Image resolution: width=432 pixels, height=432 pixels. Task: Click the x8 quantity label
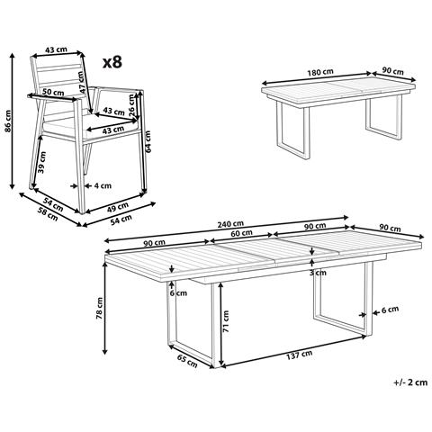tap(112, 62)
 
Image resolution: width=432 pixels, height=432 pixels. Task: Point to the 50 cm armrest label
tap(53, 92)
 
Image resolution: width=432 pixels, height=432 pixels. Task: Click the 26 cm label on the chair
tap(131, 105)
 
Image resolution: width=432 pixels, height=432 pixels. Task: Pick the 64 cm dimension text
tap(148, 141)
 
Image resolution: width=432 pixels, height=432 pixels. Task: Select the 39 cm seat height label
tap(42, 162)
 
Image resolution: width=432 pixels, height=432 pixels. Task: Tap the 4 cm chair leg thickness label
tap(103, 186)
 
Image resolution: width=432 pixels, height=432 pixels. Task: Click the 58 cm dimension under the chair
tap(48, 214)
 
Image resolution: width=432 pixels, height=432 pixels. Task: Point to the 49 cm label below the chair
tap(118, 207)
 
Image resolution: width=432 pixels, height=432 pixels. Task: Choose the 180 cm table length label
tap(320, 72)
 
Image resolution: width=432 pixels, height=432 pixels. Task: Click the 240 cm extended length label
tap(230, 224)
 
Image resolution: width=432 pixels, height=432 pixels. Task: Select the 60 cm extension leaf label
tap(241, 232)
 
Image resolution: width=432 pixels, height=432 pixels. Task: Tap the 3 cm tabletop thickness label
tap(318, 273)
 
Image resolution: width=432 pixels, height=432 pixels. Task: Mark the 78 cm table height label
tap(99, 308)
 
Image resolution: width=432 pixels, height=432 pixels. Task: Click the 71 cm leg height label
tap(226, 321)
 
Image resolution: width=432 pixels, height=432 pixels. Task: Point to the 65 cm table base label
tap(187, 361)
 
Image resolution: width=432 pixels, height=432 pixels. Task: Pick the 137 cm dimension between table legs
tap(299, 355)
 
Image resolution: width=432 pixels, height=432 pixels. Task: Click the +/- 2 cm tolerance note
tap(410, 382)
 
